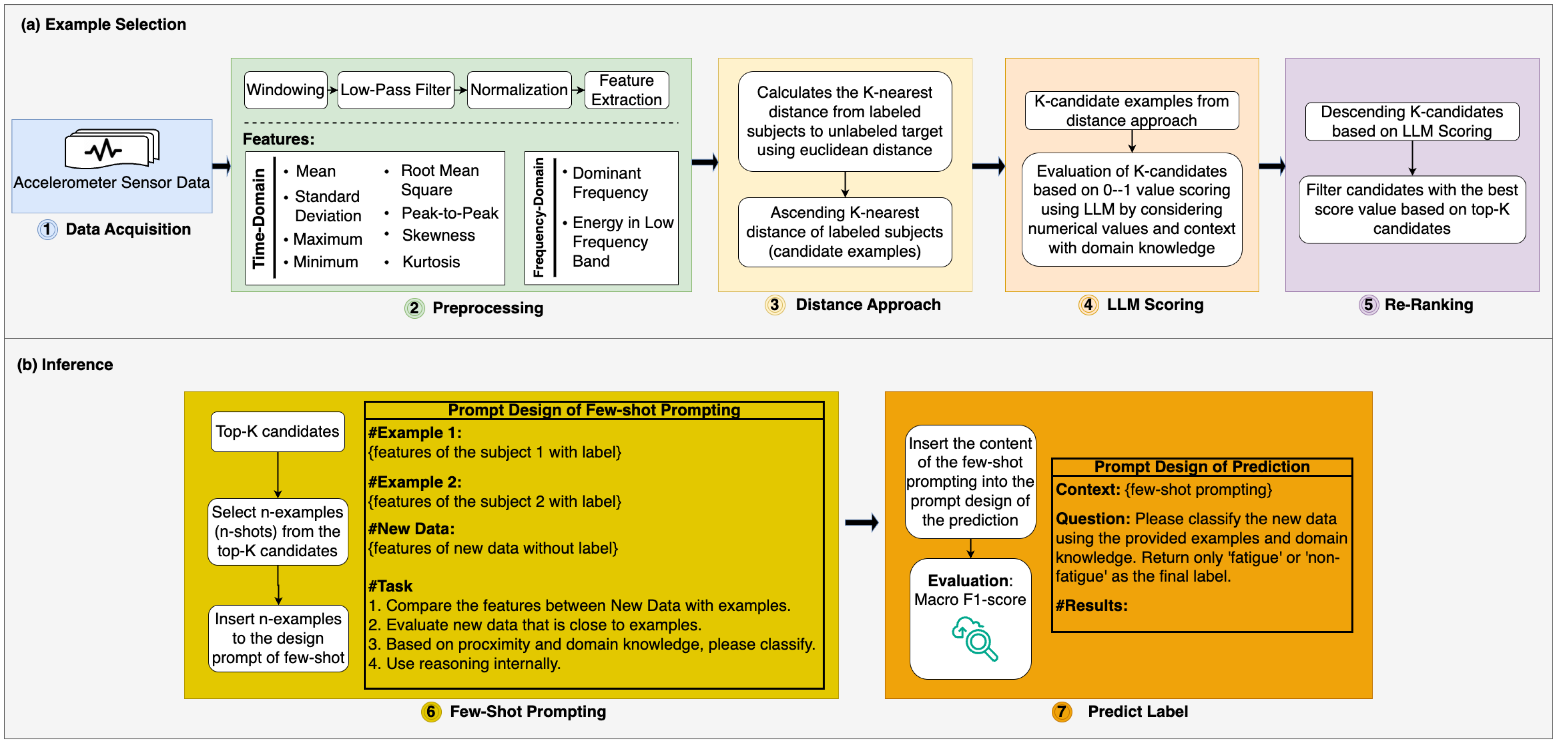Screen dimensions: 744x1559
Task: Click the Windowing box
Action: click(x=285, y=90)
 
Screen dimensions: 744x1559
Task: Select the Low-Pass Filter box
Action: click(x=395, y=90)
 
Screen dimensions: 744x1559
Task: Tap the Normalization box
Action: click(x=519, y=90)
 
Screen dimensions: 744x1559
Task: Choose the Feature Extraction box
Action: click(x=626, y=90)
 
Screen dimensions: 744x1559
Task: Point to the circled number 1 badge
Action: click(x=47, y=230)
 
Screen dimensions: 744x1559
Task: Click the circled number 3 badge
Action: click(x=775, y=305)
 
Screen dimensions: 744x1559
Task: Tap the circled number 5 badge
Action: click(x=1368, y=305)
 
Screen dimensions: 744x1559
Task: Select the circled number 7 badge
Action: click(x=1061, y=712)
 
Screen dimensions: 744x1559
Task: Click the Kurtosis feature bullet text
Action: click(x=430, y=262)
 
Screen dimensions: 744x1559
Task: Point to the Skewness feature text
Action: click(x=438, y=235)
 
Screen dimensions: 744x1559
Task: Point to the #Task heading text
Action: click(x=390, y=586)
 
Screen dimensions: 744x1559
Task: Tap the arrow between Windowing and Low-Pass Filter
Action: click(x=332, y=90)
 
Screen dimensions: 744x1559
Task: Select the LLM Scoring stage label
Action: click(x=1155, y=305)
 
